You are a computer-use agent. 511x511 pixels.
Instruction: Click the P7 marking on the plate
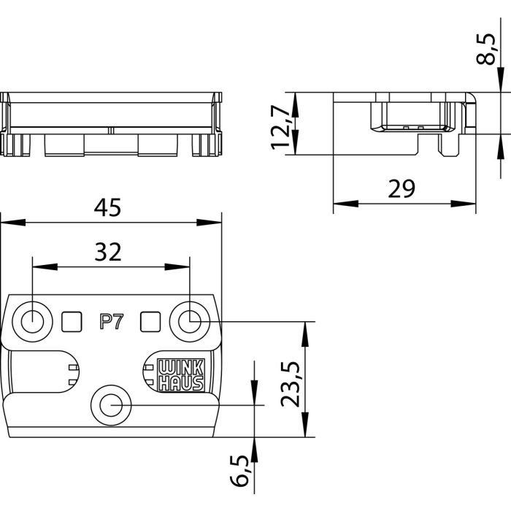click(109, 321)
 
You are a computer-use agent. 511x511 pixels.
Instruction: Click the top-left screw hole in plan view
click(32, 320)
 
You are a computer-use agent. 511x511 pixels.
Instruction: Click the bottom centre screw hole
click(111, 404)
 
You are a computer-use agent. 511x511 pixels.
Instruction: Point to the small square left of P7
click(72, 320)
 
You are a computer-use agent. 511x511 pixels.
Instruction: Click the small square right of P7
click(150, 320)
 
